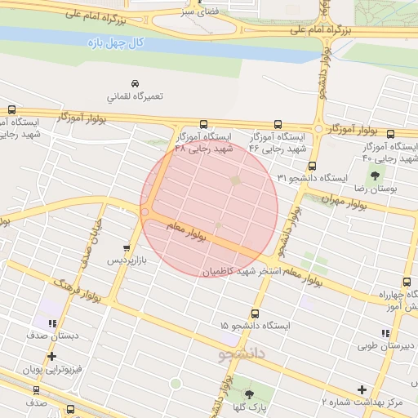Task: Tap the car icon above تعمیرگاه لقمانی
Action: click(x=134, y=83)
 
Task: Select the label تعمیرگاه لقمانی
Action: click(x=135, y=96)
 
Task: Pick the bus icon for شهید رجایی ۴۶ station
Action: click(x=278, y=125)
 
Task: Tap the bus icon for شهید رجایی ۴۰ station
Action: click(x=390, y=134)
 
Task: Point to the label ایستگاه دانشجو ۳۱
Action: click(x=313, y=177)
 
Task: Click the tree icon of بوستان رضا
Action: click(x=375, y=176)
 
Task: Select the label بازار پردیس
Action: click(x=130, y=261)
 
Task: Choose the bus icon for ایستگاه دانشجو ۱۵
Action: click(x=256, y=313)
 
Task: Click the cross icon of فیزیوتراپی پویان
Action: click(x=52, y=357)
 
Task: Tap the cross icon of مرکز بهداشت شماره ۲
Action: click(x=362, y=389)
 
